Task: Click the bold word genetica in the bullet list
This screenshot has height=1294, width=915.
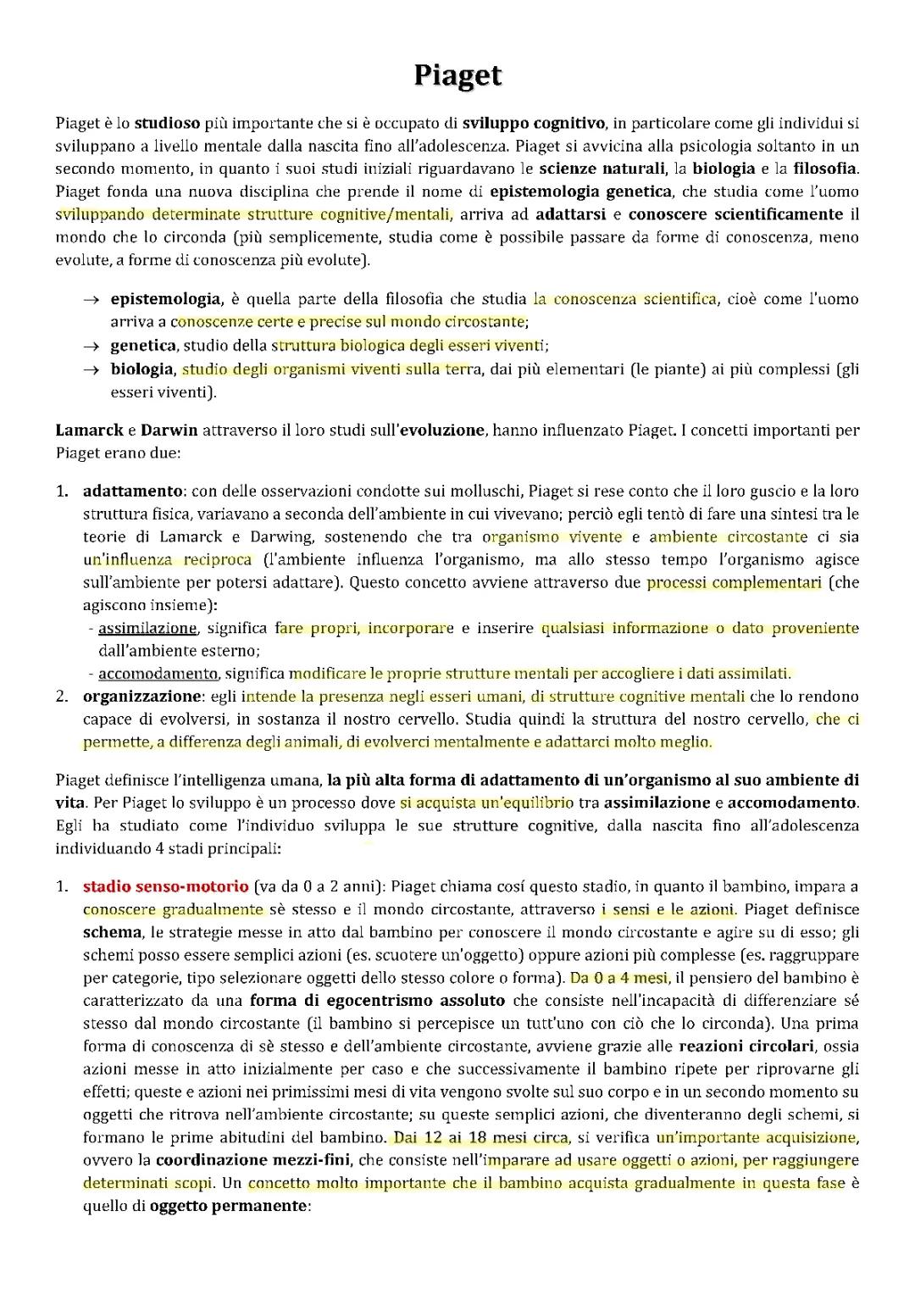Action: tap(143, 346)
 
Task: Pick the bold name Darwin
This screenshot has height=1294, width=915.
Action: tap(169, 430)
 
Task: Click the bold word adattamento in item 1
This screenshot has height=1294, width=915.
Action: tap(131, 491)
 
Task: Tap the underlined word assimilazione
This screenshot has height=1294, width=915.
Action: tap(147, 629)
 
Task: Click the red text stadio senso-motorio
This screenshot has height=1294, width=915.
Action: tap(165, 887)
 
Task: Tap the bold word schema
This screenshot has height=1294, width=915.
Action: tap(112, 932)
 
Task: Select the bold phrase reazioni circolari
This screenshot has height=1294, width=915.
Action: tap(746, 1047)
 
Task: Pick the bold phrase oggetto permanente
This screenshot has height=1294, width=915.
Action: tap(228, 1206)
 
